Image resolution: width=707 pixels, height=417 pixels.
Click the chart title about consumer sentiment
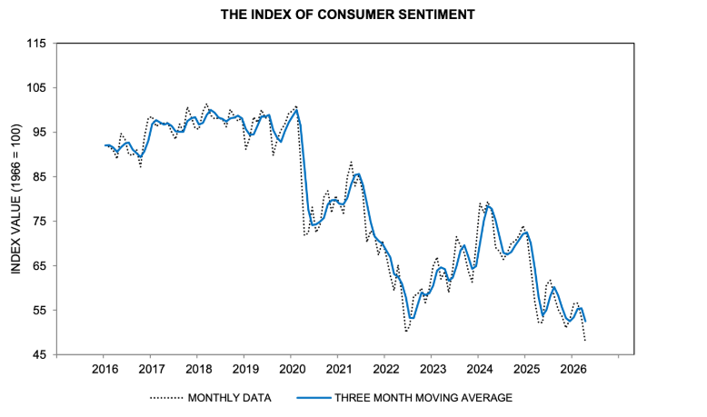coord(353,15)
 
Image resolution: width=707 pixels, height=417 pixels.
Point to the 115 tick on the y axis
coord(35,43)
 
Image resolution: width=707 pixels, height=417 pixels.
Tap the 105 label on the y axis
coord(35,87)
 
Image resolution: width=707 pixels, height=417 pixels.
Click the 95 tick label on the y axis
coord(38,132)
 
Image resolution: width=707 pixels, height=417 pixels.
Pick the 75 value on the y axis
coord(38,221)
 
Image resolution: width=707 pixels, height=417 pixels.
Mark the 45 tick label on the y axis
coord(38,354)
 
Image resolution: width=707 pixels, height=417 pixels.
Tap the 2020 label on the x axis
coord(291,370)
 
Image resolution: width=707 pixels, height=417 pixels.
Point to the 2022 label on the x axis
coord(385,370)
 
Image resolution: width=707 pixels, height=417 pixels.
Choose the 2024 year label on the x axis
coord(479,370)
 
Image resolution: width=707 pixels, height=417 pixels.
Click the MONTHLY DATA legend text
coord(228,398)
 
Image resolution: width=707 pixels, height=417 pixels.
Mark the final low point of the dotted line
coord(585,341)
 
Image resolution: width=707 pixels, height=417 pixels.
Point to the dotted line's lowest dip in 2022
coord(406,332)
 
